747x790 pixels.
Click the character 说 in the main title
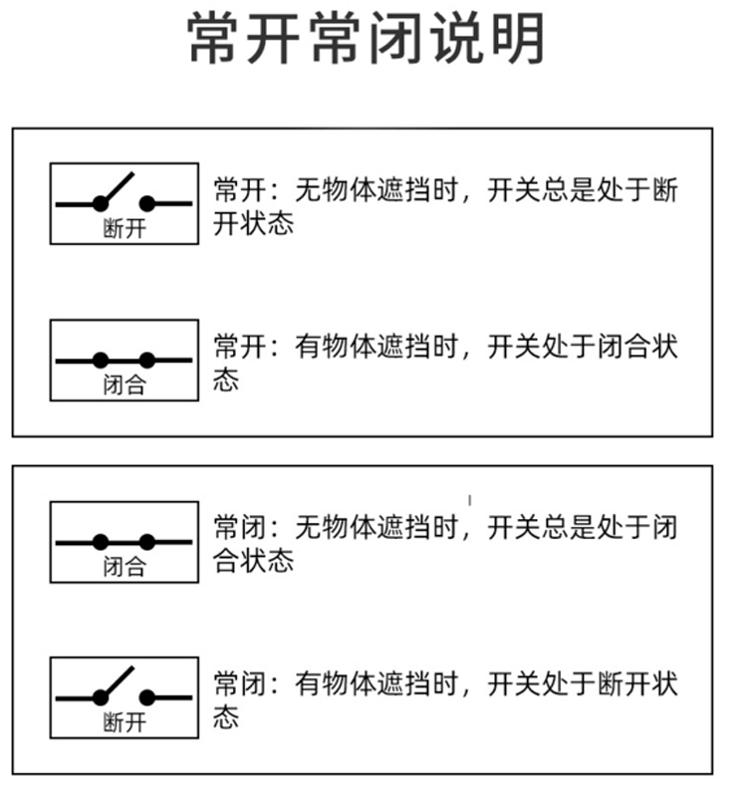point(461,41)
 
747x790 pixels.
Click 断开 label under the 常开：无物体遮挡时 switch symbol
point(124,228)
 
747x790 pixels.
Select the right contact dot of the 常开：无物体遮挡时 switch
point(147,203)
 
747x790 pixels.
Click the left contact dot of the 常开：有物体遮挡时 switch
point(101,360)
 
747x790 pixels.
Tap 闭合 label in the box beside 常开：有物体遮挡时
point(124,385)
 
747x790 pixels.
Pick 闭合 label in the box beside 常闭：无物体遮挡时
point(124,567)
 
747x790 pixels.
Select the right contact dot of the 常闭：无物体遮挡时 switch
point(147,542)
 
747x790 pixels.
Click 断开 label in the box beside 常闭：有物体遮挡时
point(124,722)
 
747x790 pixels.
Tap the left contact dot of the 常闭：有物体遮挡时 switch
point(101,697)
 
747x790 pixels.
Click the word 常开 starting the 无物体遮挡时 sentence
point(240,189)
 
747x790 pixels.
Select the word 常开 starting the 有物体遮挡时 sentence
point(240,347)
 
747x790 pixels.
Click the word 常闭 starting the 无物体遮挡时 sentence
point(240,526)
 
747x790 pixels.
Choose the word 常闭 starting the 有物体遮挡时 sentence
point(240,684)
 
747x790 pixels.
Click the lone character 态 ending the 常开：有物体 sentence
point(227,380)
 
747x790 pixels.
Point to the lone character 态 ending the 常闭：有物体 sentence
point(227,717)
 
